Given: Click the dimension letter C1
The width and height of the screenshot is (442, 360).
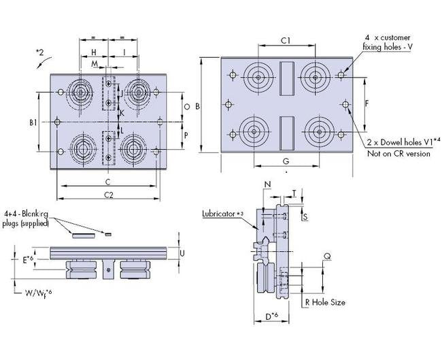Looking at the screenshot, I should click(x=286, y=41).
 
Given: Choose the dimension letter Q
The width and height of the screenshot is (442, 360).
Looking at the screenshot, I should click(x=327, y=257).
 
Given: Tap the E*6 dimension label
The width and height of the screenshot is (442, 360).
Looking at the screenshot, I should click(x=25, y=259).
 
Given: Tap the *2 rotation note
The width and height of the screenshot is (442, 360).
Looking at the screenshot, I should click(x=39, y=50).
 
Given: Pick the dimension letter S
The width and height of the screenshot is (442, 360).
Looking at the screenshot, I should click(x=305, y=216).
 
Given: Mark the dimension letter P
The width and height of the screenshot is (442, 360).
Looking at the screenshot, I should click(x=186, y=135).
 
